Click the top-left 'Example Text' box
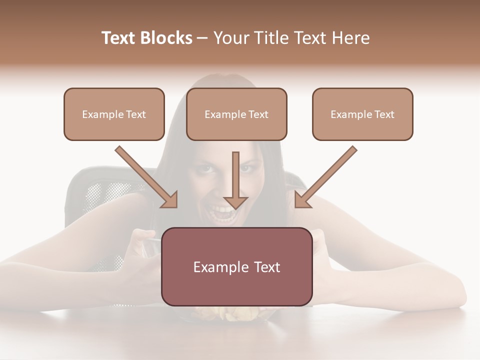[114, 114]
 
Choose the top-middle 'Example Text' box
[236, 114]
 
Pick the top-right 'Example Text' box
[362, 114]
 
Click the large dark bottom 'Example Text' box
[236, 266]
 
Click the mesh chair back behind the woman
[100, 192]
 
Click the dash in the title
[203, 38]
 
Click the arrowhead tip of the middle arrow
[235, 207]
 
